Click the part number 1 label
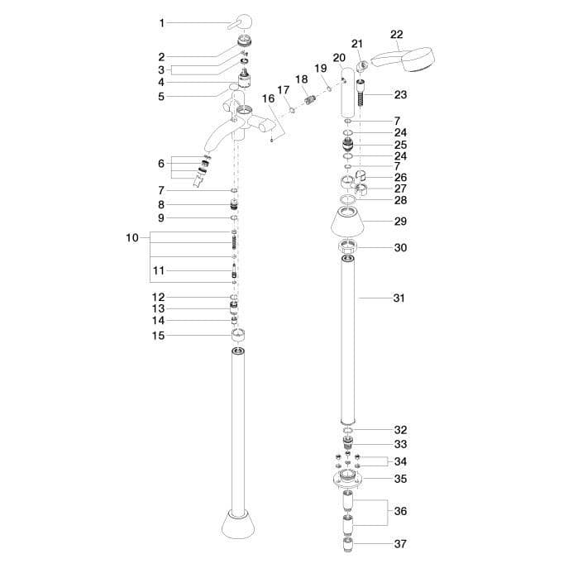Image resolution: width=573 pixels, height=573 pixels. [x=161, y=23]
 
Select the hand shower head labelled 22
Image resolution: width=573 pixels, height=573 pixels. [x=403, y=60]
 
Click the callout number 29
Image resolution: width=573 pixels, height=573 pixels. [x=400, y=221]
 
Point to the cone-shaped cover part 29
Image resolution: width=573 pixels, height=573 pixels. [x=347, y=221]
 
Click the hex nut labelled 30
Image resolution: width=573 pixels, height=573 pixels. [x=347, y=247]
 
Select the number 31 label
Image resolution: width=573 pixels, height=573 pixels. [x=399, y=298]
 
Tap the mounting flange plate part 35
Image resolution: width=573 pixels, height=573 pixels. [x=347, y=479]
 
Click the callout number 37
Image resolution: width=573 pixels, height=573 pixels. [x=400, y=544]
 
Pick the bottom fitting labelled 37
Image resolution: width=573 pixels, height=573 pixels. [x=348, y=544]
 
